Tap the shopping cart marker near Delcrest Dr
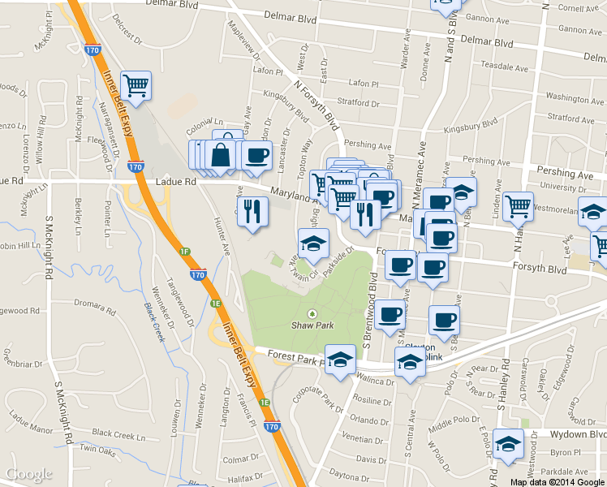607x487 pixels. click(x=136, y=84)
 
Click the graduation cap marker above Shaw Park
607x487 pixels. click(x=312, y=242)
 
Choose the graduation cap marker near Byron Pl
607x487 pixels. click(x=509, y=444)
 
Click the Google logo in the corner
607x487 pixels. click(x=29, y=475)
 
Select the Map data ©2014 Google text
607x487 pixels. click(x=557, y=482)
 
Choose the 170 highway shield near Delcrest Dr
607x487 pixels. click(x=92, y=50)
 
